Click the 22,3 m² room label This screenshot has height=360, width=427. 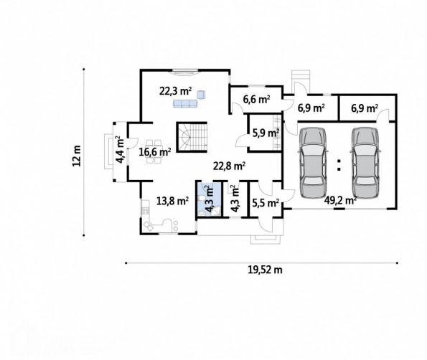pos(175,91)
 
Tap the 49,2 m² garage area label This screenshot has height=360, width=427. pos(340,200)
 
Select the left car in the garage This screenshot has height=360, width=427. pos(313,163)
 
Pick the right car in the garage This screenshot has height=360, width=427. pos(365,163)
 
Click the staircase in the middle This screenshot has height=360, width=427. pos(192,137)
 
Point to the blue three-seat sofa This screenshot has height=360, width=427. pos(185,103)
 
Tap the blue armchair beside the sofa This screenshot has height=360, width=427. pos(201,94)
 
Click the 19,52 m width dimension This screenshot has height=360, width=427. pos(266,270)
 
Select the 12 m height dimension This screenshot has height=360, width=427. pos(77,156)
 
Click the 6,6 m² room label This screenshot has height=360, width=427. pos(256,100)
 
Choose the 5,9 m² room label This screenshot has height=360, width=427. pos(266,133)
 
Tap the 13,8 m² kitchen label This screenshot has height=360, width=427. pos(173,201)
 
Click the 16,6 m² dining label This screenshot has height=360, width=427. pos(155,151)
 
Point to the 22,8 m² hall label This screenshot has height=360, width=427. pos(230,166)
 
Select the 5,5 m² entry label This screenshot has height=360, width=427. pos(266,203)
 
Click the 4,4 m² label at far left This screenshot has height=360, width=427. pos(120,150)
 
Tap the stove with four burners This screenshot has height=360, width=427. pos(146,210)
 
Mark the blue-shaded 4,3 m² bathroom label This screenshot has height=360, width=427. pos(210,199)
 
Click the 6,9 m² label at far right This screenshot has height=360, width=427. pos(365,108)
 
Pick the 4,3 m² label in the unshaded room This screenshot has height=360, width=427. pos(235,199)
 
